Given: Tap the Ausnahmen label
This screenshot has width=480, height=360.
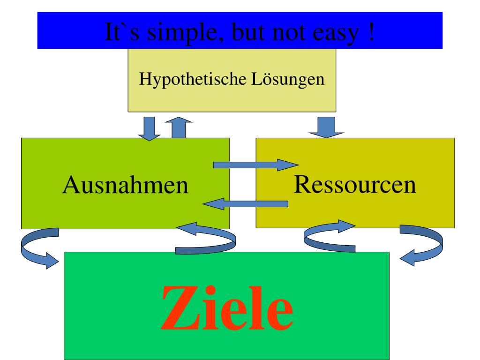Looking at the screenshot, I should coord(125,185).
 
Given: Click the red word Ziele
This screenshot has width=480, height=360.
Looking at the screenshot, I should coord(226,307).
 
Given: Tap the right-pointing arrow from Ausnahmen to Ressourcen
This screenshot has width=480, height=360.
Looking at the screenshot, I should coord(255,165).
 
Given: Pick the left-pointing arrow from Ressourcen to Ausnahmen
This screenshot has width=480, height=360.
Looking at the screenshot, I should coord(245,203).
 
